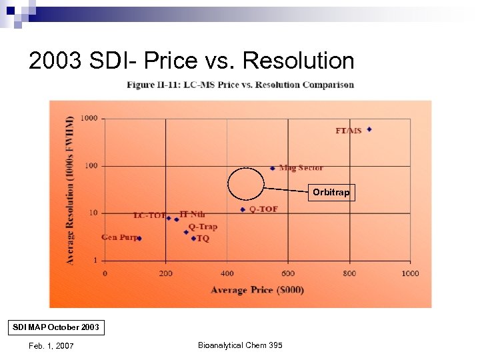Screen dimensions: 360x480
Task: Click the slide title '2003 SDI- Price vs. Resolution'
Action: click(x=191, y=61)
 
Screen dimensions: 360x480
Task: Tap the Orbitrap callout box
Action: click(x=331, y=193)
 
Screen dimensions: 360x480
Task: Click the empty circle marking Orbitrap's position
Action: click(x=247, y=183)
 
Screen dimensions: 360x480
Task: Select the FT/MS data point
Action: click(x=369, y=129)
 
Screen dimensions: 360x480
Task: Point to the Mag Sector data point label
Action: click(x=301, y=168)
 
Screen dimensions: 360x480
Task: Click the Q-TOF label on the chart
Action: click(x=263, y=209)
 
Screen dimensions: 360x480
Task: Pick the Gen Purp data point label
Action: click(x=119, y=237)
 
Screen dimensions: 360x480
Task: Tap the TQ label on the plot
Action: click(x=203, y=238)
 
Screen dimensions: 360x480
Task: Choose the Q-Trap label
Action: click(x=203, y=227)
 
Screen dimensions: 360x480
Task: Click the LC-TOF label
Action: click(x=149, y=215)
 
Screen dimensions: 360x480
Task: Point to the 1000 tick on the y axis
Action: click(x=89, y=118)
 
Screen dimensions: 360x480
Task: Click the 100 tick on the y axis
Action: click(x=91, y=165)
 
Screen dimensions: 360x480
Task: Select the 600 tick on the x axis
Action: click(x=287, y=273)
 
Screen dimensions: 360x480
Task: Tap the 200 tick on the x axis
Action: click(x=165, y=273)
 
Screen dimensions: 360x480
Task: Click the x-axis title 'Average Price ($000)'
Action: click(x=257, y=289)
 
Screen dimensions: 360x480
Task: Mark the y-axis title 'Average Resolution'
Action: click(x=71, y=190)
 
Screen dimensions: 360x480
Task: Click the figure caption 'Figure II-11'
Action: click(x=241, y=85)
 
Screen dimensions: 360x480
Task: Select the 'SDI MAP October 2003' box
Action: click(x=57, y=327)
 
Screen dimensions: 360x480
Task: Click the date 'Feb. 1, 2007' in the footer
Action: click(x=51, y=345)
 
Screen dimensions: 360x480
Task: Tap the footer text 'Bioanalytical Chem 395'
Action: click(x=240, y=345)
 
